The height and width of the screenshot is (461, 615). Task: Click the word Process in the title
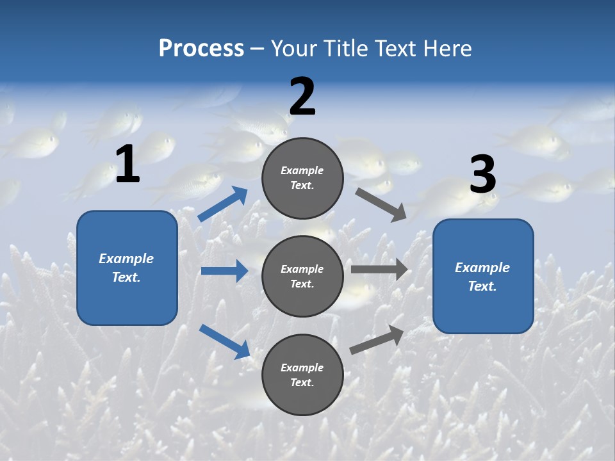coord(201,49)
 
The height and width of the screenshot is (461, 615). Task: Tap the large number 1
coord(127,165)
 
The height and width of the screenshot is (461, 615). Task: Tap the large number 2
coord(302,97)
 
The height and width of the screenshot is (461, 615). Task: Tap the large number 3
coord(482,175)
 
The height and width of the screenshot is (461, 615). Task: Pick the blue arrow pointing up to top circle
coord(223,204)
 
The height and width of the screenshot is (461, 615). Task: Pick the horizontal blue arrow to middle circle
coord(224,271)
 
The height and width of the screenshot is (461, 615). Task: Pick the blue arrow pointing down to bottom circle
coord(225,341)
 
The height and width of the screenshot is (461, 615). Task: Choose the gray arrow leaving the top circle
coord(381,204)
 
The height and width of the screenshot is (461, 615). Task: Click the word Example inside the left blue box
coord(126,259)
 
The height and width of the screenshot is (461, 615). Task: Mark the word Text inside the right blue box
coord(482,286)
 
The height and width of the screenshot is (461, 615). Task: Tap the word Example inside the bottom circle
coord(302,368)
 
